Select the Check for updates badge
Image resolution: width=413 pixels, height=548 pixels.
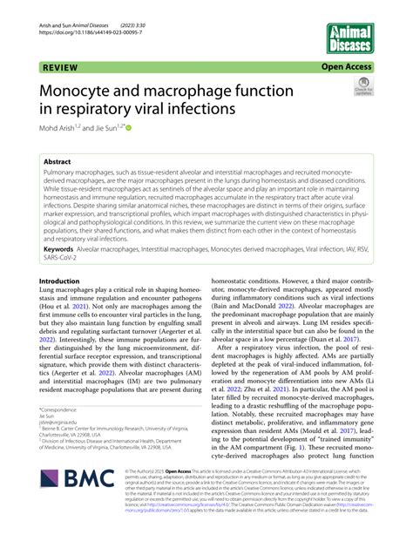coord(362,88)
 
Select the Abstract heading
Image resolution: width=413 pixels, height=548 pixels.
coord(61,162)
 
